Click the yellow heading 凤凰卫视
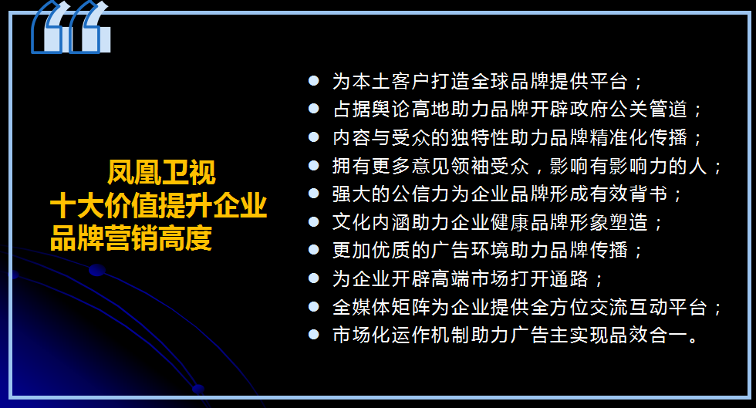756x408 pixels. coord(161,173)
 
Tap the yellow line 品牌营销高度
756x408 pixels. coord(131,238)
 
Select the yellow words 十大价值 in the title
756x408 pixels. coord(104,205)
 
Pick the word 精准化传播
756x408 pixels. coord(638,137)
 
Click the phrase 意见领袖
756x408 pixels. coord(451,166)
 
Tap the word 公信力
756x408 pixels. coord(420,194)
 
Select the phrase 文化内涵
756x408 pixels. coord(371,222)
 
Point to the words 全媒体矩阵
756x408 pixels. coord(381,307)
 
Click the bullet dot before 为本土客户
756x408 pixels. coord(313,80)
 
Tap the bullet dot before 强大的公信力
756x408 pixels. coord(313,194)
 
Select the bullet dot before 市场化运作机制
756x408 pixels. coord(313,334)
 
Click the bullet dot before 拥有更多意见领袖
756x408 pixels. coord(313,165)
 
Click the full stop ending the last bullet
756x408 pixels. coord(694,339)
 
